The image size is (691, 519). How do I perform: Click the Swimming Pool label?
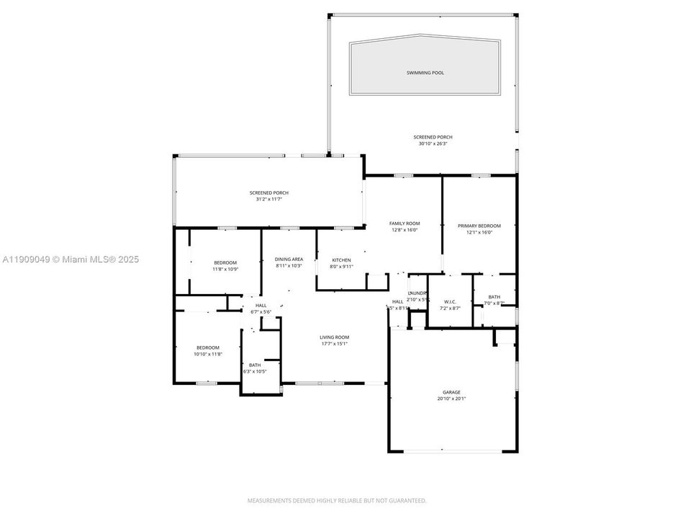pos(425,73)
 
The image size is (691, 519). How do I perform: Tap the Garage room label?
pos(451,392)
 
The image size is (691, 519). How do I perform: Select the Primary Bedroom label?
pos(479,226)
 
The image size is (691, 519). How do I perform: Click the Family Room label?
pos(405,223)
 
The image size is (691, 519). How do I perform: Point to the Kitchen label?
pos(341,259)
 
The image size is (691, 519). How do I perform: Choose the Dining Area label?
pos(289,259)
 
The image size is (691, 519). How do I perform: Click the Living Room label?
pos(335,337)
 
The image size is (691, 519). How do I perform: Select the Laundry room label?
pos(417,293)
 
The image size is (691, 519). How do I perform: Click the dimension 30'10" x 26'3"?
pos(433,143)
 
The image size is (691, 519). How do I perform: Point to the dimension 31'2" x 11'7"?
pos(269,199)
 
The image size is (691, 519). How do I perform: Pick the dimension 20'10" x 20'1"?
pos(451,399)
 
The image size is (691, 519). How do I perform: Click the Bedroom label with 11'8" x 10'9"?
pos(225,262)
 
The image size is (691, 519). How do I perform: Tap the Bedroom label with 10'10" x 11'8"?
pos(208,347)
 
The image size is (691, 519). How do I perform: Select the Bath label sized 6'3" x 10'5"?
pos(256,365)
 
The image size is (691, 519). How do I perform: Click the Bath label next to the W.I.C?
pos(494,296)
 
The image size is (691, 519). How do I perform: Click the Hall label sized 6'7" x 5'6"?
pos(261,305)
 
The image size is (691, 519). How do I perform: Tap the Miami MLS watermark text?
pos(70,259)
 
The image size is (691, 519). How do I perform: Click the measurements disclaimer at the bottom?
pos(337,500)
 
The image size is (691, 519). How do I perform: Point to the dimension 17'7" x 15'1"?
pos(335,343)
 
